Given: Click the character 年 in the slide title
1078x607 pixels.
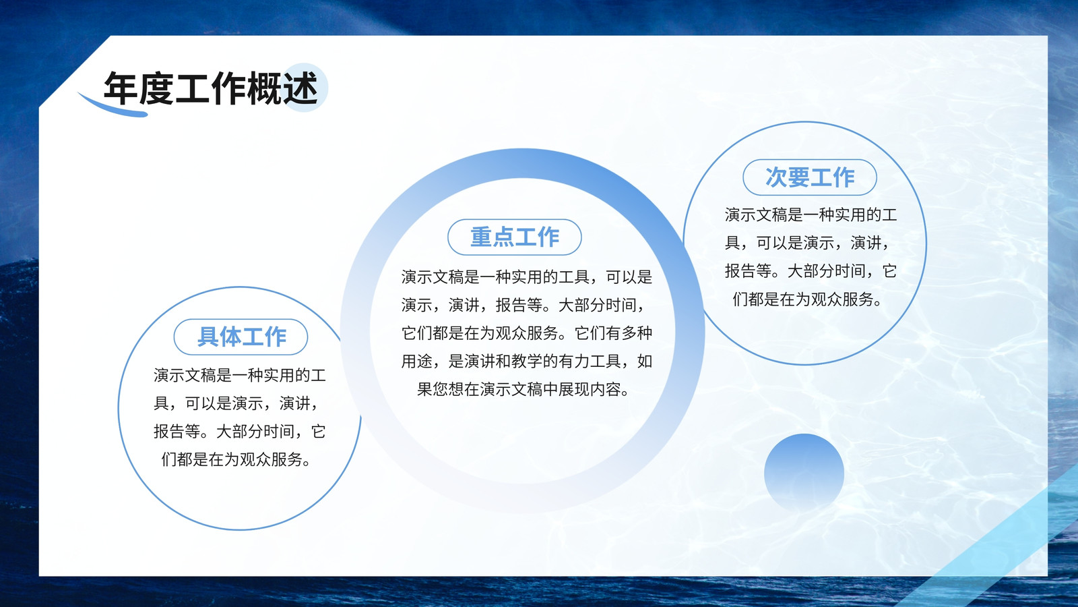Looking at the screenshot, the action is pos(121,88).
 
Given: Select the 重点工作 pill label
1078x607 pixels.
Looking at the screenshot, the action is pos(515,237).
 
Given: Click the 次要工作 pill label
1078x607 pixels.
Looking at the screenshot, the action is pos(810,177).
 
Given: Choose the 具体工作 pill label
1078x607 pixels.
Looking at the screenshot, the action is pos(241,337).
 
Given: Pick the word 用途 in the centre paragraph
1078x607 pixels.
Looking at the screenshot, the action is pos(417,362).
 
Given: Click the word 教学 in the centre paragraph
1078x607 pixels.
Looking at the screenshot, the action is pos(527,362).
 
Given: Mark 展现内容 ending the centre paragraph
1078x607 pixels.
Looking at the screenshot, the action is pos(590,389).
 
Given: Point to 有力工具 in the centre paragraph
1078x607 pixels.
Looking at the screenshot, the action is pos(590,362).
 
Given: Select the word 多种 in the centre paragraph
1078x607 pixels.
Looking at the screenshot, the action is pos(637,333).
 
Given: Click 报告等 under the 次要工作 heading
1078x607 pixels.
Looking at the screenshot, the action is pos(749,271).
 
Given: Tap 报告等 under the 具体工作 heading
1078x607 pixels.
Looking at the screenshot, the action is pos(177,432).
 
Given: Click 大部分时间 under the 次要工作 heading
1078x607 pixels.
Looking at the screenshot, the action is pos(826,271).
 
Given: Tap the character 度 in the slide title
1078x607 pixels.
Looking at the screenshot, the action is pos(157,88).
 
